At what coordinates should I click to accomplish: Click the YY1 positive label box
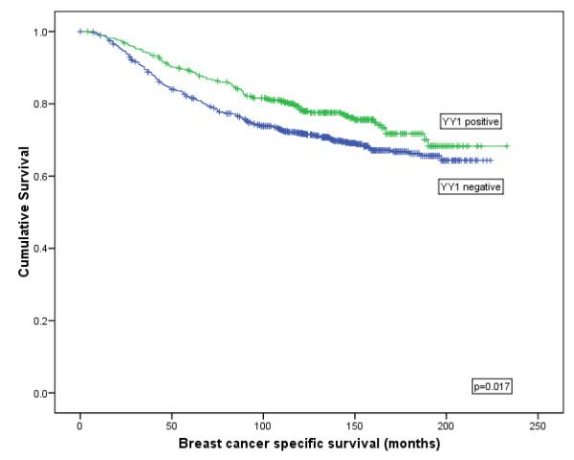coord(470,121)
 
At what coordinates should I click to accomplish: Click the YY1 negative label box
coord(470,187)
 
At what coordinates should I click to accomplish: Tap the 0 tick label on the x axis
coord(80,424)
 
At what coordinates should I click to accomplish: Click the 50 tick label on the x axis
coord(171,424)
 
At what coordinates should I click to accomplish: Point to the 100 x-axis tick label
coord(263,424)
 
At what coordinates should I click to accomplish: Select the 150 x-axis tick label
coord(355,424)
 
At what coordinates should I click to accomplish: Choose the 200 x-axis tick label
coord(446,424)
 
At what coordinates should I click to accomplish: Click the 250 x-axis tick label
coord(538,424)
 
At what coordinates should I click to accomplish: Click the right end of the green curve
coord(507,146)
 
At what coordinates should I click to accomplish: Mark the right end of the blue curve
coord(491,160)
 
